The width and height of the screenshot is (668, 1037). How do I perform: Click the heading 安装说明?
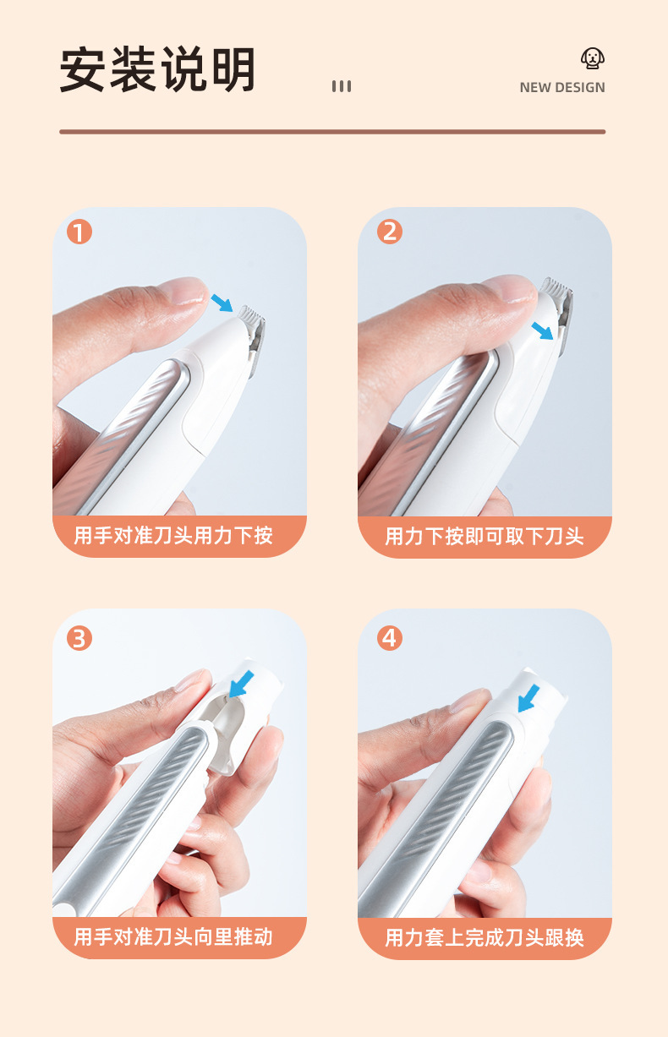click(x=157, y=69)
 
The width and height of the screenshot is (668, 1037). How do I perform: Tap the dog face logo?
click(x=593, y=57)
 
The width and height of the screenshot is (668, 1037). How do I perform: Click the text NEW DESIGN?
click(x=562, y=88)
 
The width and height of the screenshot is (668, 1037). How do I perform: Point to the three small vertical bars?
click(x=342, y=86)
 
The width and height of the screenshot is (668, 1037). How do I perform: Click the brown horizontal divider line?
click(x=332, y=132)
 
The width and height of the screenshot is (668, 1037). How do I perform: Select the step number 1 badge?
click(x=79, y=232)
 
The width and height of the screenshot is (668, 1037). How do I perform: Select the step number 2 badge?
click(x=390, y=232)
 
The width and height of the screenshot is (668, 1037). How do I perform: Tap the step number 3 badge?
click(x=79, y=638)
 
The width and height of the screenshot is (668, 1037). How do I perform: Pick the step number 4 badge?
click(x=390, y=638)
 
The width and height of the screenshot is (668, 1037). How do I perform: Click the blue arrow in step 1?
click(x=222, y=303)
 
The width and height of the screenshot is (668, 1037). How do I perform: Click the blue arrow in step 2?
click(x=543, y=331)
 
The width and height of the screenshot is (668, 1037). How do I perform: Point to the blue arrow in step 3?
click(x=241, y=684)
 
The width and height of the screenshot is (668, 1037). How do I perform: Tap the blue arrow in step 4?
click(x=528, y=698)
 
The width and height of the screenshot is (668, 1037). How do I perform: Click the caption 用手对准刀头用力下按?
click(x=173, y=536)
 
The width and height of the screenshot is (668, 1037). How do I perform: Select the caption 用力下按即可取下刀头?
click(x=485, y=536)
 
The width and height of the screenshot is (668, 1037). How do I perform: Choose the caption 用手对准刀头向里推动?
click(x=173, y=936)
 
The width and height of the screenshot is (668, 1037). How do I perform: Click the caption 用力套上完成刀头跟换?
click(x=485, y=937)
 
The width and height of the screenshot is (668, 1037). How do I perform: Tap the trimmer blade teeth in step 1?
click(x=251, y=315)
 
